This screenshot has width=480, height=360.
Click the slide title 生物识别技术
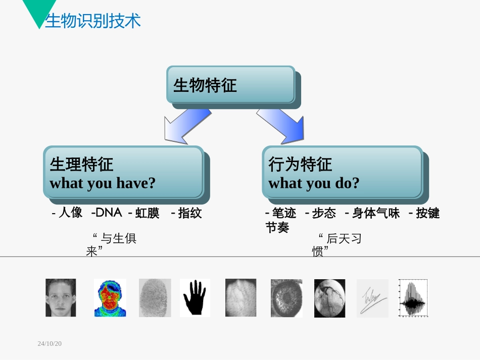point(93,21)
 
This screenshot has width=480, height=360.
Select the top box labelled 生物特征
point(231,85)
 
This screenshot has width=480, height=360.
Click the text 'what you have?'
point(103,183)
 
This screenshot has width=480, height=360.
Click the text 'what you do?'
point(314,183)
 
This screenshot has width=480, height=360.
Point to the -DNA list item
point(107,213)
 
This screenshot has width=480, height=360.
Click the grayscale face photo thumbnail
point(61,298)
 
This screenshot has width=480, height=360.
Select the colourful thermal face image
point(110,298)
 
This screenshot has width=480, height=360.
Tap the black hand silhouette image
point(195,298)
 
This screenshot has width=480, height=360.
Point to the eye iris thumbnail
point(286,298)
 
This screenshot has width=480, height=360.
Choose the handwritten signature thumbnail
point(373,298)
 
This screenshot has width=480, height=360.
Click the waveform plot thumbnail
point(413,298)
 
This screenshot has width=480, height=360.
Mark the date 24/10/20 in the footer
point(50,344)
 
